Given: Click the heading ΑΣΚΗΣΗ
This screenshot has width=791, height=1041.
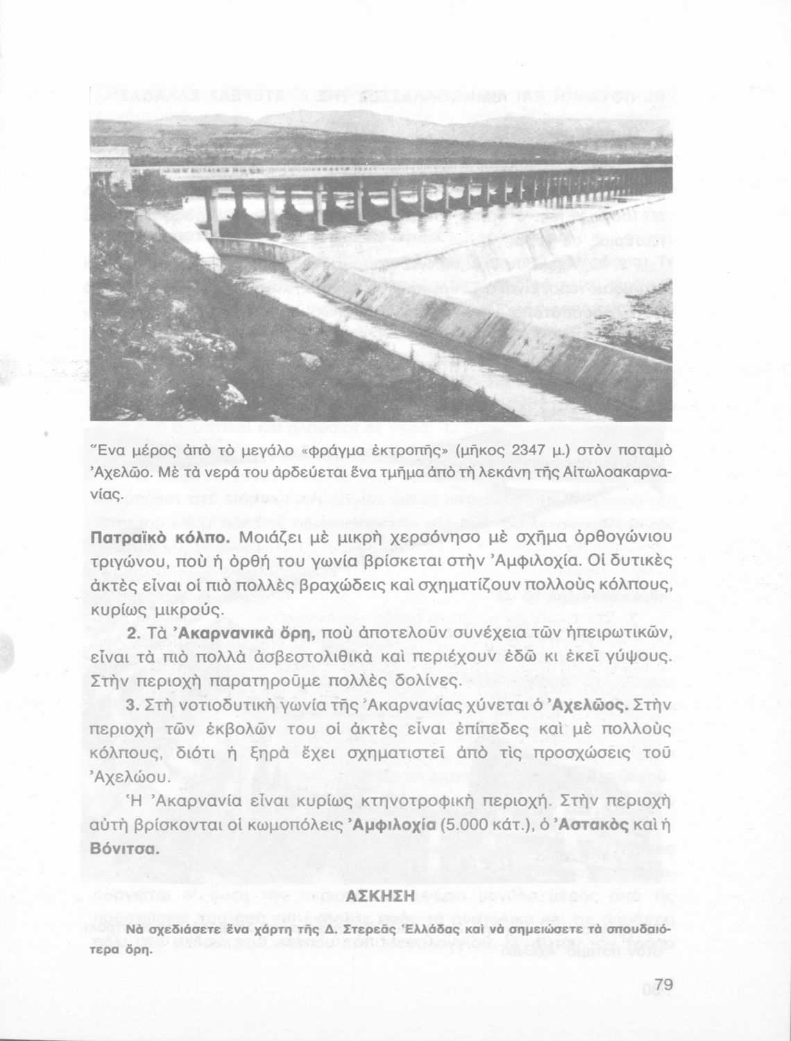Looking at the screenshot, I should pos(384,897).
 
